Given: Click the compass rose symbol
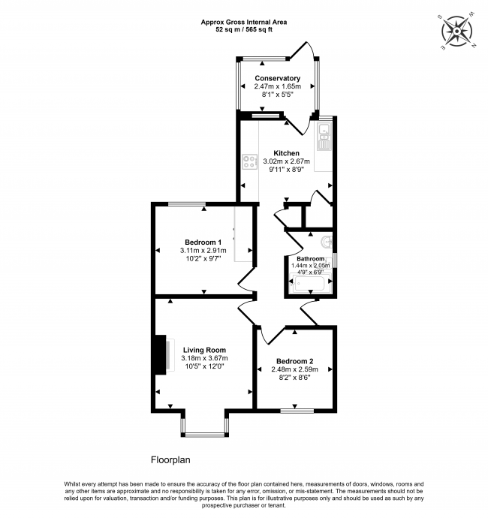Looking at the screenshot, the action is tap(457, 32).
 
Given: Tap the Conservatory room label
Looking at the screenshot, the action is tap(277, 78).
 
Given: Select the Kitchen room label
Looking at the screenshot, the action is tap(287, 153).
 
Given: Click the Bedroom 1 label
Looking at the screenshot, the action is tap(203, 242).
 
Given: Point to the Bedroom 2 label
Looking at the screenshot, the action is tap(295, 361).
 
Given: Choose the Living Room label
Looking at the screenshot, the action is tap(204, 350).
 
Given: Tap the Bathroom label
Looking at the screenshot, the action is tap(310, 259).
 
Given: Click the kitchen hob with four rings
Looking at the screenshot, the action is tap(249, 162).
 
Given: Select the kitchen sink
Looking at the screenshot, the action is tap(324, 135).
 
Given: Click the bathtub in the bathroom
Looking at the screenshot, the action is tap(310, 283).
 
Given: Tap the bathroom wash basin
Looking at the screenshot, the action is tap(327, 242).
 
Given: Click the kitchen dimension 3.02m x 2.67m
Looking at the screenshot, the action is tap(287, 161).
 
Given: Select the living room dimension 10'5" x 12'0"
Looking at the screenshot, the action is tap(204, 366).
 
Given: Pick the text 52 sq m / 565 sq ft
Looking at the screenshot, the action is tap(244, 30).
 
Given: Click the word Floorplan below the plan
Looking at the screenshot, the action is tap(170, 460).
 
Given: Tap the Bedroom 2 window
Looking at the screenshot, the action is tap(297, 411).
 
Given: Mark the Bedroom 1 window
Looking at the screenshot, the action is tap(187, 204).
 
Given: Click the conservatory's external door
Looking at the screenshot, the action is tap(301, 50).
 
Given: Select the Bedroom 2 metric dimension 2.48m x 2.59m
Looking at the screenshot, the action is tap(295, 369).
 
